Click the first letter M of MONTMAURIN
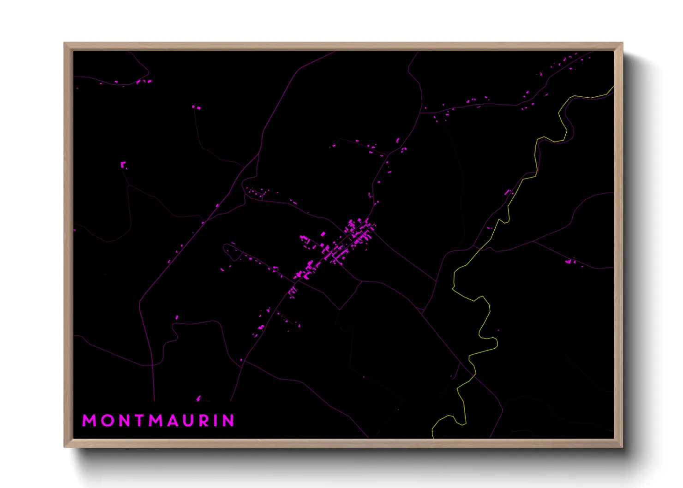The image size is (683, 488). [x=90, y=421]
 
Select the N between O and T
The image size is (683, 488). [x=124, y=421]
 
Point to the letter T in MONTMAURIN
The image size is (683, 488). [x=139, y=421]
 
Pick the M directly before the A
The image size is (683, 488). [x=156, y=421]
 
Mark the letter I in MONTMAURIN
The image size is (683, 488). [x=216, y=421]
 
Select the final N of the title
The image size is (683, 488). [x=228, y=421]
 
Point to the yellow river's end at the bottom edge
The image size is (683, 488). [x=433, y=437]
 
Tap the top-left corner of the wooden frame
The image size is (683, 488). [x=65, y=43]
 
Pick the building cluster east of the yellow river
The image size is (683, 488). [x=571, y=262]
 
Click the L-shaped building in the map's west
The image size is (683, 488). [x=123, y=165]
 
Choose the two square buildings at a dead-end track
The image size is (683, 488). [x=196, y=107]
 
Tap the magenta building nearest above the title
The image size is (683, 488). [x=198, y=398]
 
